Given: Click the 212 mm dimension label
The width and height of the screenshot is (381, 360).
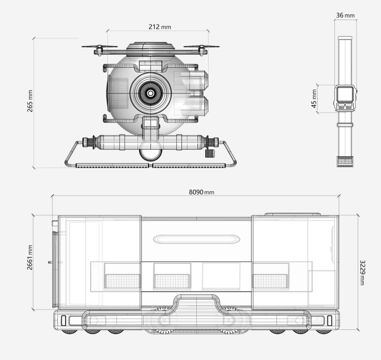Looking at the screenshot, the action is pos(160,27).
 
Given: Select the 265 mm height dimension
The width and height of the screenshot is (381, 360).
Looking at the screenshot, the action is pos(30,101).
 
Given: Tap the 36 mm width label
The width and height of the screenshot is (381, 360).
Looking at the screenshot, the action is pos(345,16).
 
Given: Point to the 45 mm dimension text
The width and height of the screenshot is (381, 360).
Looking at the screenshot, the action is pos(314,98).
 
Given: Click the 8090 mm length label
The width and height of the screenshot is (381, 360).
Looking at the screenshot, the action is pos(201,192).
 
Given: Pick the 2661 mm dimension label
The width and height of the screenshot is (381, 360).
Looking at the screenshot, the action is pos(29,258).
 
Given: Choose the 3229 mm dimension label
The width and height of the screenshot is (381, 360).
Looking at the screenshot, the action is pos(362,273).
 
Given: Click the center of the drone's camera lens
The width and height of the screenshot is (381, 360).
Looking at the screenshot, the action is pos(150,93).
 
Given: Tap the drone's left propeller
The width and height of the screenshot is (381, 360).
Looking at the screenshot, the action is pos(100,46).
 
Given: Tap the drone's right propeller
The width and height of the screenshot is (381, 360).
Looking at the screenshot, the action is pos(201,46).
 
